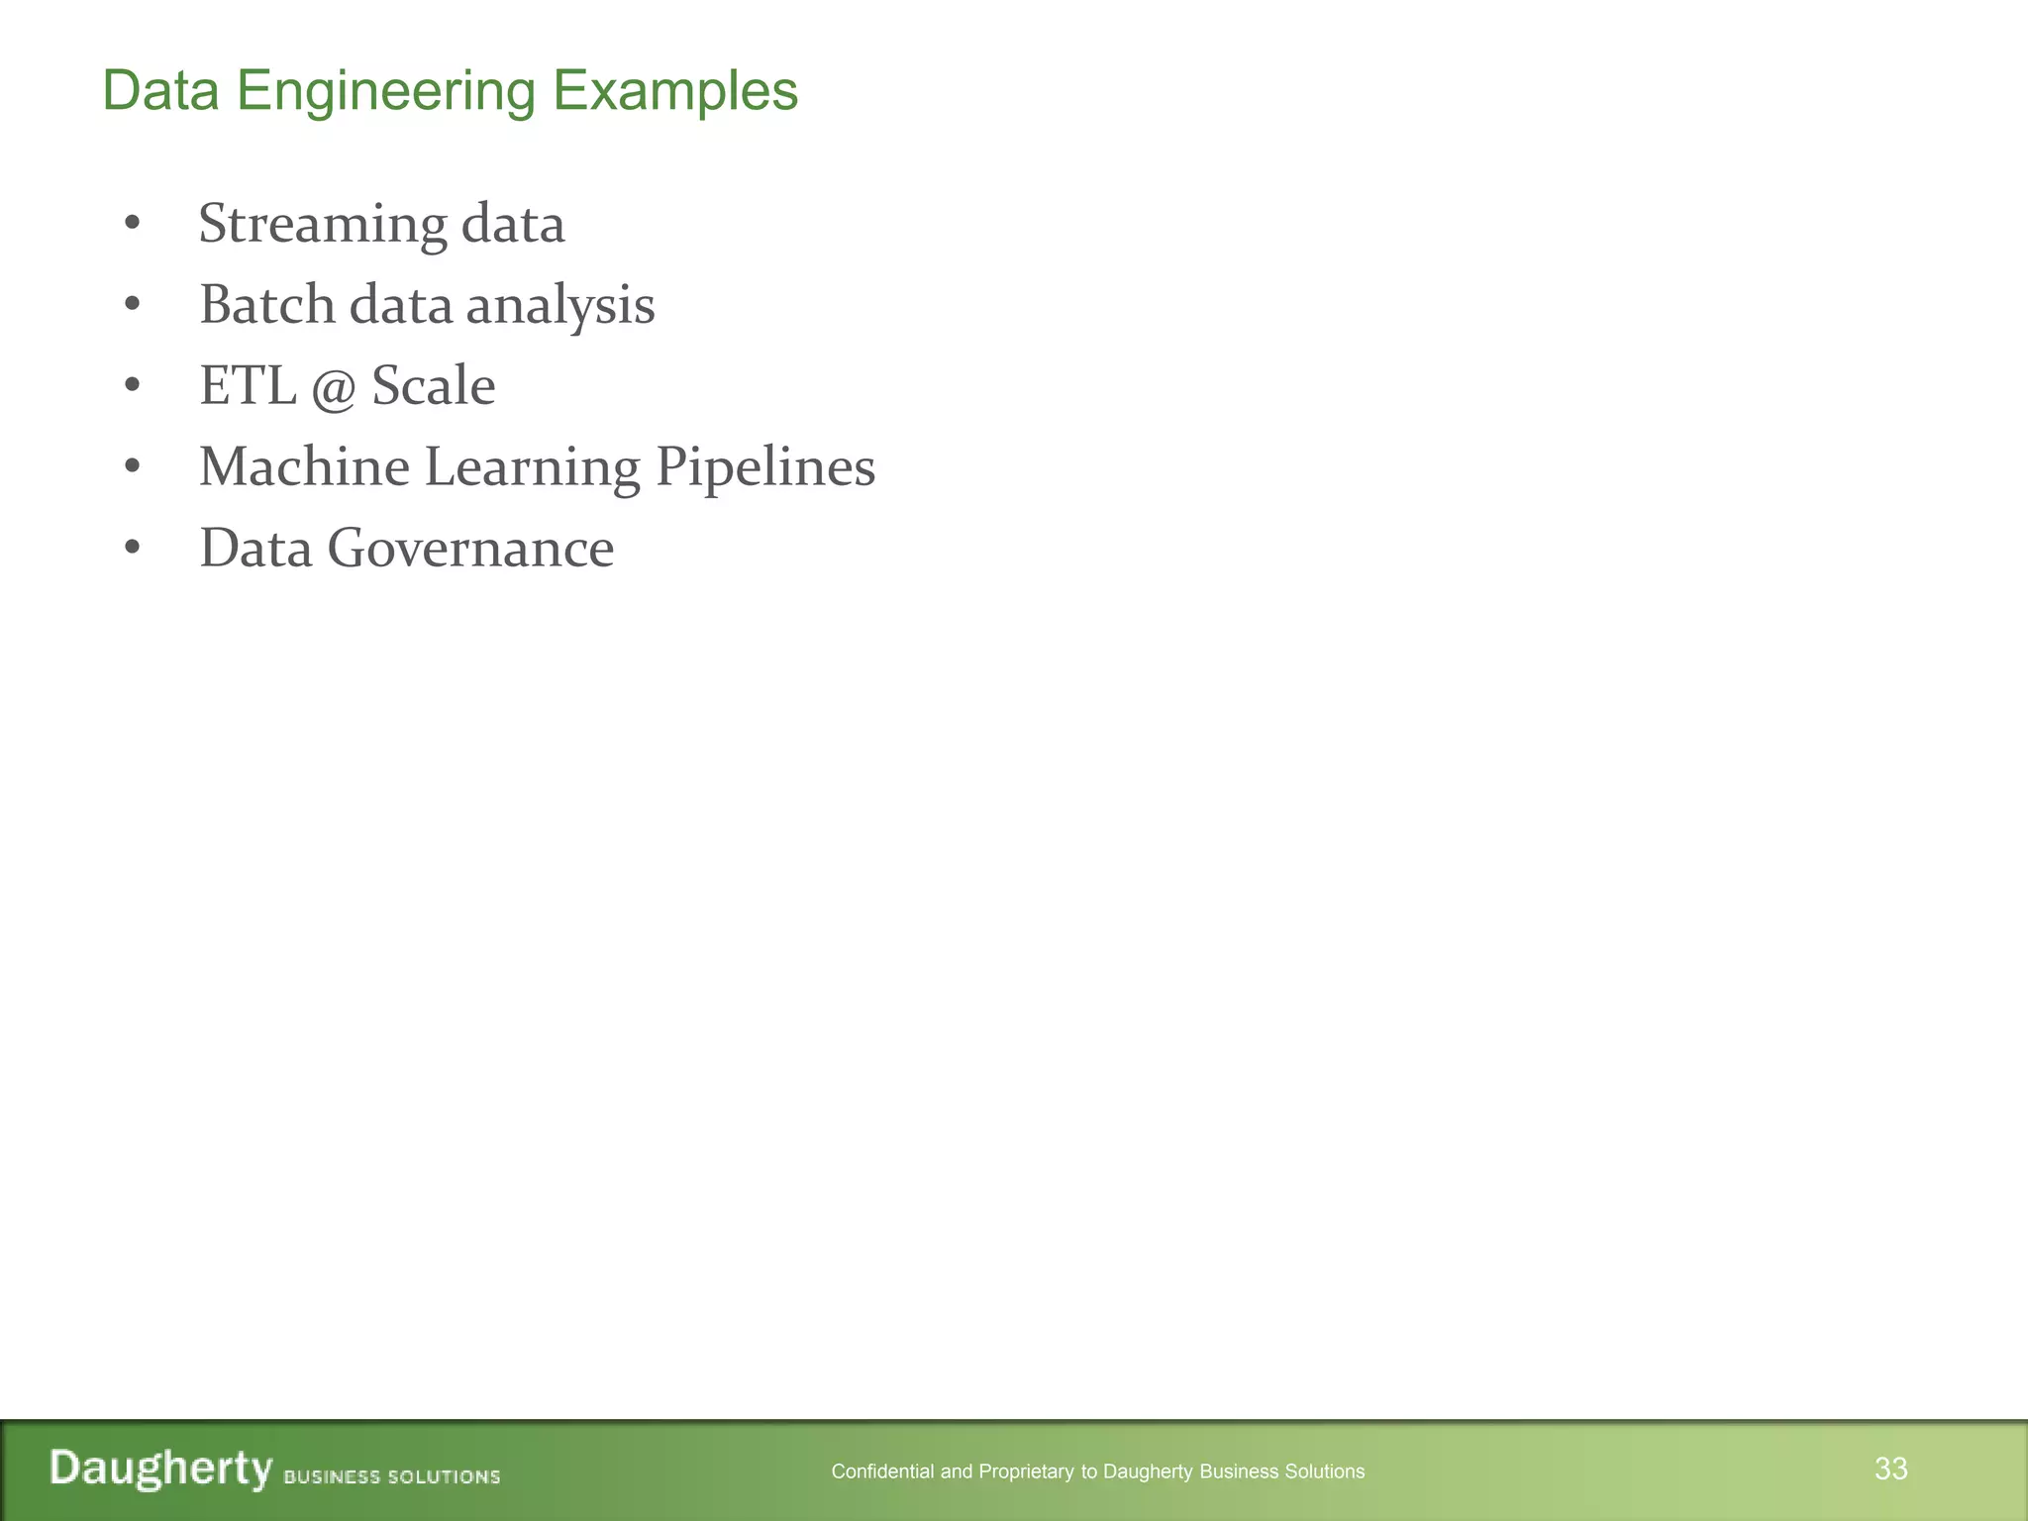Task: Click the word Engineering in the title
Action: pyautogui.click(x=386, y=91)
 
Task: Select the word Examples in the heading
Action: pyautogui.click(x=674, y=91)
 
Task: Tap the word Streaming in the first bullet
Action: pyautogui.click(x=323, y=224)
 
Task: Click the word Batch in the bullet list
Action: pyautogui.click(x=267, y=304)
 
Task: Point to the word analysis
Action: pyautogui.click(x=560, y=305)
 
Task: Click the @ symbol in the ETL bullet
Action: pyautogui.click(x=333, y=387)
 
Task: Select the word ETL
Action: pyautogui.click(x=248, y=385)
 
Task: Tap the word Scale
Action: pyautogui.click(x=433, y=385)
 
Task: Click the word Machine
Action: pyautogui.click(x=304, y=466)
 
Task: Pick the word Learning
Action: pyautogui.click(x=532, y=467)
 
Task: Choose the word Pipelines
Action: pyautogui.click(x=765, y=467)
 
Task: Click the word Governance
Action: pyautogui.click(x=470, y=548)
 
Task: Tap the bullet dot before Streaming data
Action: pyautogui.click(x=133, y=225)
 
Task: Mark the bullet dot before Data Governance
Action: pyautogui.click(x=133, y=549)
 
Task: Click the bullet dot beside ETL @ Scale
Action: pyautogui.click(x=133, y=386)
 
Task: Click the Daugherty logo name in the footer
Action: pyautogui.click(x=161, y=1469)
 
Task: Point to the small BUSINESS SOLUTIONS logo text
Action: pyautogui.click(x=392, y=1476)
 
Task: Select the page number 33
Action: pyautogui.click(x=1890, y=1469)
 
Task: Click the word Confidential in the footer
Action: pyautogui.click(x=882, y=1471)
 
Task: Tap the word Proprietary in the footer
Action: pyautogui.click(x=1027, y=1471)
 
